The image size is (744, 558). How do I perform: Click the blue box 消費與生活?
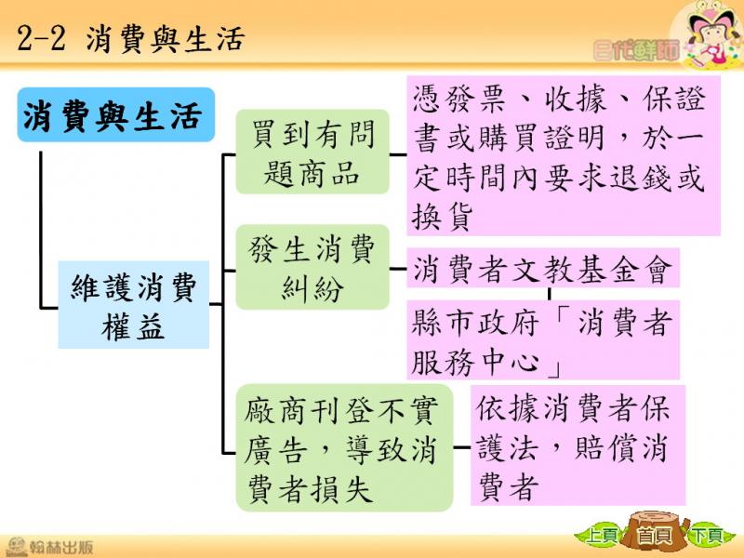point(116,114)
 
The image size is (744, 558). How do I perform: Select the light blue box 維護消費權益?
point(133,305)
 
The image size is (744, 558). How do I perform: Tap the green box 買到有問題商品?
point(312,152)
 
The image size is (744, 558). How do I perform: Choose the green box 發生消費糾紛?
point(312,267)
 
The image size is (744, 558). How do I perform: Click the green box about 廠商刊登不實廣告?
point(344,447)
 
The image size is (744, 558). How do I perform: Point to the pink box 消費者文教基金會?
point(543,268)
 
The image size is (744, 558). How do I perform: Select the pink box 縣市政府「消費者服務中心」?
point(543,339)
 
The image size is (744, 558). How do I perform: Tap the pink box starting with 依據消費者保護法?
point(578,445)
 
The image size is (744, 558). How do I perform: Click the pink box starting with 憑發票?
point(564,155)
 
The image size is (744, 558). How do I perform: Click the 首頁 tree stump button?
point(655,536)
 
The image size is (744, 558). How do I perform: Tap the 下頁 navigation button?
point(707,537)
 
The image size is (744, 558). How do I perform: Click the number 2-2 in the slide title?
point(41,39)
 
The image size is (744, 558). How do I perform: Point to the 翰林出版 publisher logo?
point(50,547)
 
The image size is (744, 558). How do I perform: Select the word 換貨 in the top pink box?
point(443,218)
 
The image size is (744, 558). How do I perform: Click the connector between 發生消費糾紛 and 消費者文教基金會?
point(398,269)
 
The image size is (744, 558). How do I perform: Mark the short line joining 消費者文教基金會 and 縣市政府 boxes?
point(549,294)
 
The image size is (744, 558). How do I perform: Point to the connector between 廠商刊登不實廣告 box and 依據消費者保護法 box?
point(461,447)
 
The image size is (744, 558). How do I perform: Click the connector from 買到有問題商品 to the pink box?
point(398,154)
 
